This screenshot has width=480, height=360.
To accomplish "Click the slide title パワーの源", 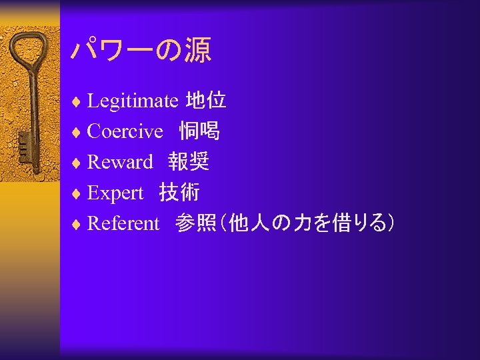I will click(141, 51).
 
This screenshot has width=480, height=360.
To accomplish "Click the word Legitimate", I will click(132, 101).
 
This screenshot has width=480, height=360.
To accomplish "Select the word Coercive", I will click(125, 132).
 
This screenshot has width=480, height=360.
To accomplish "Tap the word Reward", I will click(120, 162).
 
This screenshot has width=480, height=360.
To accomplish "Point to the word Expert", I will click(115, 193).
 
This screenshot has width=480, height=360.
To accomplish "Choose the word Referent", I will click(123, 224).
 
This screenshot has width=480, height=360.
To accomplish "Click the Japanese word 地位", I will click(205, 101).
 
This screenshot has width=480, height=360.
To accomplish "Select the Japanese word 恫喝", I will click(199, 131).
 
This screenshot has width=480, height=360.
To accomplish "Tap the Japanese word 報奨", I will click(189, 162).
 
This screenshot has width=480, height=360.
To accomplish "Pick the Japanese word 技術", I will click(179, 193).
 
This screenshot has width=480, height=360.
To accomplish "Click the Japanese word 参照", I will click(195, 224).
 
